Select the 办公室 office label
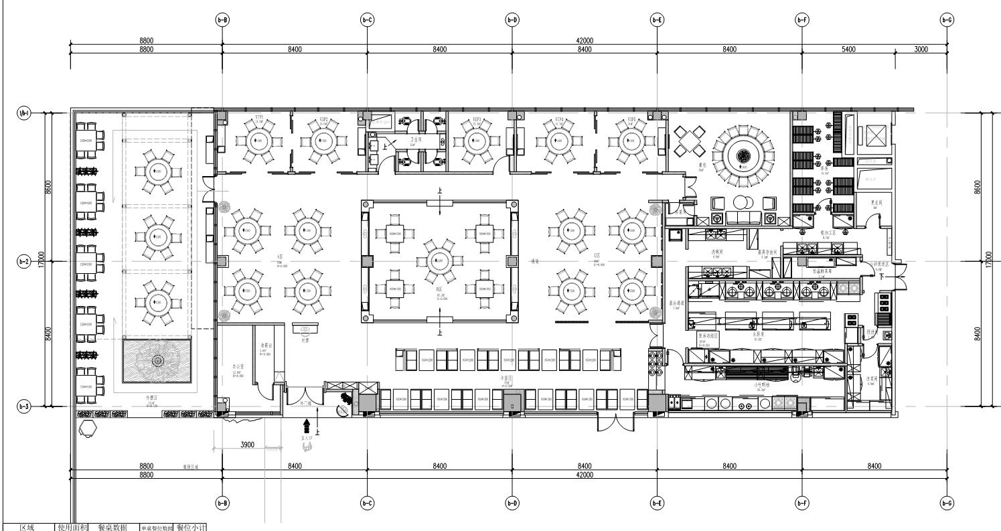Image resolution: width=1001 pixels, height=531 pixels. tap(235, 368)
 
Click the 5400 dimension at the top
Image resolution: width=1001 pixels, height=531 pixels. tap(848, 49)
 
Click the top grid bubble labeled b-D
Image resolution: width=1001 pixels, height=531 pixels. tap(512, 20)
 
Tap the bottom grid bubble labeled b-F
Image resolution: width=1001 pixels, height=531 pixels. tap(801, 503)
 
